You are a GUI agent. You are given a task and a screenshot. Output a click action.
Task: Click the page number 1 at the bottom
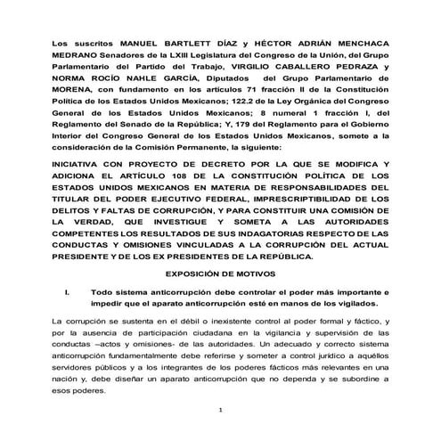pyautogui.click(x=219, y=410)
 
